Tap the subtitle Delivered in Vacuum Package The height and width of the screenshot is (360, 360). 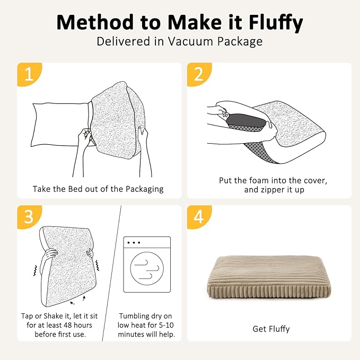click(180, 42)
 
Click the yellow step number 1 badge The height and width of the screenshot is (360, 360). click(28, 74)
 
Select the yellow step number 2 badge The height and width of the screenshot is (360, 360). click(198, 74)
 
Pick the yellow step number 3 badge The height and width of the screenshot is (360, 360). click(28, 217)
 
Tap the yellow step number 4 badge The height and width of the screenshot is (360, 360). click(198, 217)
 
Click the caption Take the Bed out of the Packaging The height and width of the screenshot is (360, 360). click(98, 189)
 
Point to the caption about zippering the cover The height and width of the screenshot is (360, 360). click(273, 185)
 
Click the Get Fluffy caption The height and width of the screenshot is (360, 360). click(271, 329)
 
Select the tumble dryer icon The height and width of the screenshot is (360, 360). click(147, 264)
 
